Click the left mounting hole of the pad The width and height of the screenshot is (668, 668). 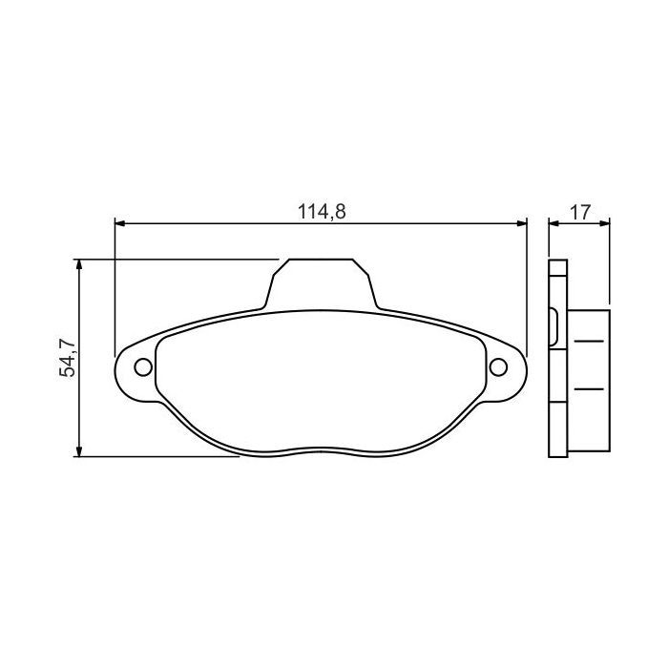(142, 366)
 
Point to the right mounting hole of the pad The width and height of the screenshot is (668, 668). (498, 366)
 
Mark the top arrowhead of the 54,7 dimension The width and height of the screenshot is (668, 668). (80, 264)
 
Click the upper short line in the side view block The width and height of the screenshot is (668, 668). (590, 341)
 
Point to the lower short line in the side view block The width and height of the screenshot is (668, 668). (590, 388)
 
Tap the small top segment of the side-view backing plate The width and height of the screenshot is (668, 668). (558, 269)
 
